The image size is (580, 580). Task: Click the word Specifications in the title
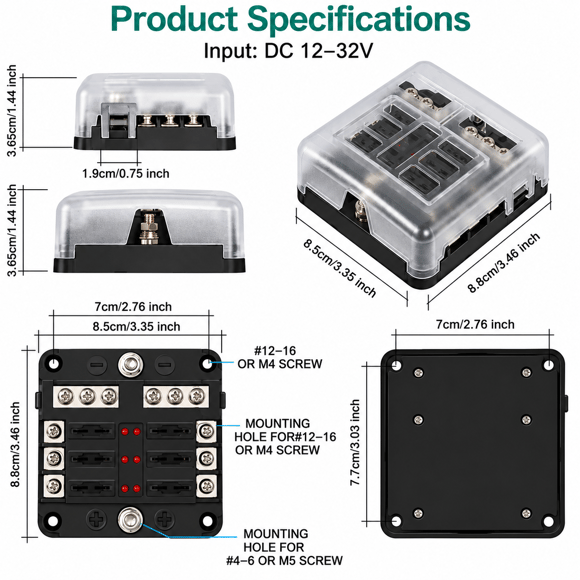point(358,20)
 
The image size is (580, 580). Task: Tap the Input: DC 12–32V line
point(288,51)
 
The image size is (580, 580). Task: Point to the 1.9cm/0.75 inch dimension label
point(126,173)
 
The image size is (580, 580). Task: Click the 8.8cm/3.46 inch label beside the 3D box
point(504,263)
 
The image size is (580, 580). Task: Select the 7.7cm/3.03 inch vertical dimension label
point(355,442)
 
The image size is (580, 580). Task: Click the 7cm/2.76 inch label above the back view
point(475,324)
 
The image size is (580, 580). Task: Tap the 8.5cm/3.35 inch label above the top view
point(136,327)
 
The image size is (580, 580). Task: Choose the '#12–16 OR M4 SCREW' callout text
point(280,357)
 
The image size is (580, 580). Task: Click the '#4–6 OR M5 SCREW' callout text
point(284,560)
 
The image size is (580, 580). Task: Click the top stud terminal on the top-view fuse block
point(130,364)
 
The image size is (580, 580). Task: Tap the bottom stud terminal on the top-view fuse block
point(130,519)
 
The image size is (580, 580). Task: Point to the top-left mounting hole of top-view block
point(54,364)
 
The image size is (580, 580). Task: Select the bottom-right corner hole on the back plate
point(549,521)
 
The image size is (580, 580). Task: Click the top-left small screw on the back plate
point(419,373)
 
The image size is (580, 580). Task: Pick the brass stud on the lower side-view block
point(147,227)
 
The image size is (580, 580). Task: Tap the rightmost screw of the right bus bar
point(196,397)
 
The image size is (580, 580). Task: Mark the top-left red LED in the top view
point(125,431)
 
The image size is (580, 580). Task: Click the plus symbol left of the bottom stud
point(97,519)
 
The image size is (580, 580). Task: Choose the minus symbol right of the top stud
point(164,365)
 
